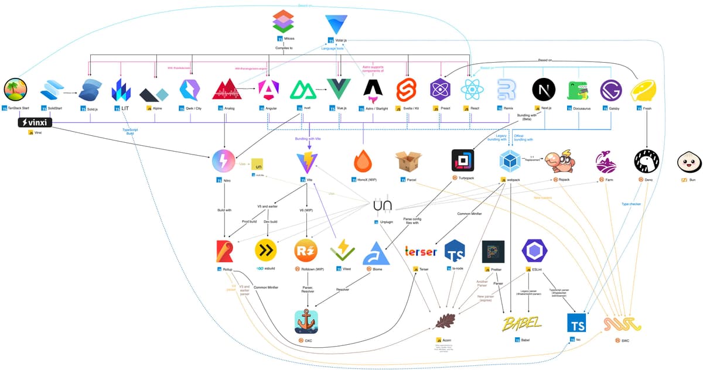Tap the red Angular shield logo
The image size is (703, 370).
(x=268, y=90)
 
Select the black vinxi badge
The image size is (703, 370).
(x=35, y=122)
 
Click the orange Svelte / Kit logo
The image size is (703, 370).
(x=406, y=90)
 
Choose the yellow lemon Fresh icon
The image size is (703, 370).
(x=643, y=90)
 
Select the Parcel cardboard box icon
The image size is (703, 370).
(x=408, y=161)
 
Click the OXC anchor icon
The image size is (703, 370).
(x=306, y=321)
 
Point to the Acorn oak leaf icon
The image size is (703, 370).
(x=449, y=321)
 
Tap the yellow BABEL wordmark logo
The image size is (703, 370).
(x=522, y=323)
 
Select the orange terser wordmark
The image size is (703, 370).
(x=421, y=252)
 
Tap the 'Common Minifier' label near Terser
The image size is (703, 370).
(x=469, y=214)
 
